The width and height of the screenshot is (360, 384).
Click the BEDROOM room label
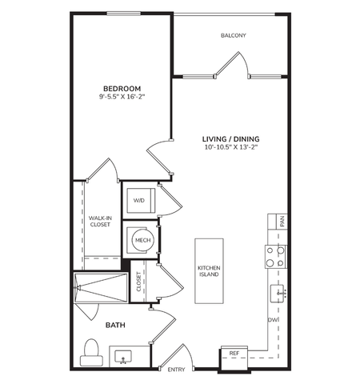[x=122, y=88]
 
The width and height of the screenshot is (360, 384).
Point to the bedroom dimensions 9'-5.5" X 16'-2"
[x=122, y=97]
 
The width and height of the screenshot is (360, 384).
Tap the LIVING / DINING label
[x=230, y=138]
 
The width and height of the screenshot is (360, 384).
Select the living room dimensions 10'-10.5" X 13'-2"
[x=230, y=147]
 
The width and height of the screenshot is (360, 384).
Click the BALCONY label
[x=234, y=35]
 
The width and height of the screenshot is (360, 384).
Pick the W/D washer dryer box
[x=141, y=201]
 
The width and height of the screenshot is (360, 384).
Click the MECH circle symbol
[x=143, y=240]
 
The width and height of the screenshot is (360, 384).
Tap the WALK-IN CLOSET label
[x=100, y=222]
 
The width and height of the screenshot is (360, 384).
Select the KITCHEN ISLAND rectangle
[x=209, y=271]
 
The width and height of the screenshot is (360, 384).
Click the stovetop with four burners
[x=276, y=257]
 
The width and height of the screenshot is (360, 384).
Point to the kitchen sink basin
[x=277, y=294]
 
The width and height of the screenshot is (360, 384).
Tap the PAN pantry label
[x=282, y=222]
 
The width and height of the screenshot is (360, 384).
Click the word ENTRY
[x=176, y=370]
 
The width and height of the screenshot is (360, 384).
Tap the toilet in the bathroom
[x=91, y=352]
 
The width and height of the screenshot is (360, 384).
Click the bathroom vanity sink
[x=123, y=357]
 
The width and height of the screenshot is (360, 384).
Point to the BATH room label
[x=115, y=325]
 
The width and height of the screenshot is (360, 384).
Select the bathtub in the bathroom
[x=101, y=288]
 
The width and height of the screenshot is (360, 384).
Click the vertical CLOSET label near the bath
[x=138, y=282]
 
